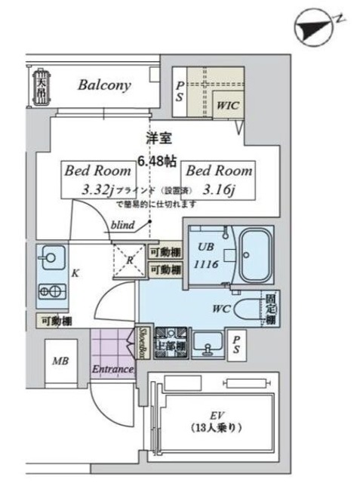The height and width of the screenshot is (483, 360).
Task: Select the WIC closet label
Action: (x=228, y=106)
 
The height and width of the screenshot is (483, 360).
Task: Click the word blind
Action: (x=123, y=224)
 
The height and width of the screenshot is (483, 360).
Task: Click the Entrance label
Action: (x=112, y=369)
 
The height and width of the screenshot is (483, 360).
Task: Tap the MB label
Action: (x=60, y=361)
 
